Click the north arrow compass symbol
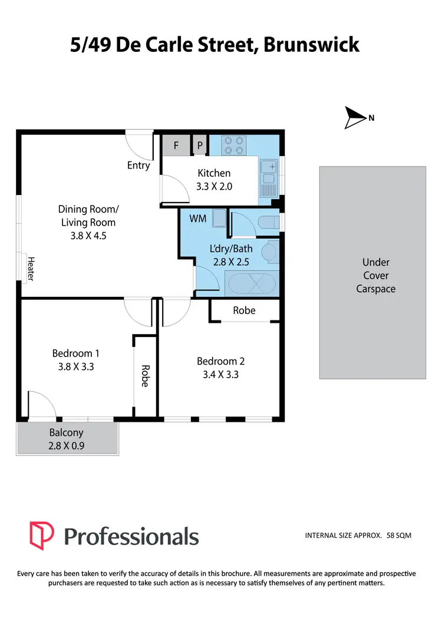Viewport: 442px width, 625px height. click(x=355, y=118)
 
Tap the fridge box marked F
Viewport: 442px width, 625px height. click(x=176, y=145)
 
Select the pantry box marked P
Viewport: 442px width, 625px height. click(x=200, y=145)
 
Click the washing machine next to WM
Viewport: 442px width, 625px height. click(x=219, y=218)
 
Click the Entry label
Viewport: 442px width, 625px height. click(x=138, y=166)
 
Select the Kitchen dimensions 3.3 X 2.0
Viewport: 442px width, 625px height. click(x=214, y=186)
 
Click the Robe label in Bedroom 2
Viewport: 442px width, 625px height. click(x=244, y=310)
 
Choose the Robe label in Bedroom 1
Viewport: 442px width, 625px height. click(x=144, y=375)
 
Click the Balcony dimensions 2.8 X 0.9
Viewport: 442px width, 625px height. click(x=67, y=446)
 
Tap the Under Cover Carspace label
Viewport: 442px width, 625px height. click(x=375, y=276)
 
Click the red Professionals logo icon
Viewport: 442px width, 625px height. click(x=42, y=535)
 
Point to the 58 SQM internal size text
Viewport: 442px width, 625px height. click(x=399, y=535)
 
